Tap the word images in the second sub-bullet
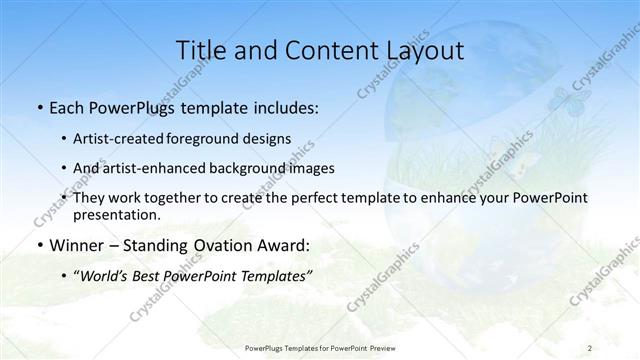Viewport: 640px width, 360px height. pyautogui.click(x=313, y=169)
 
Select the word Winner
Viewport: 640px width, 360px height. pyautogui.click(x=74, y=245)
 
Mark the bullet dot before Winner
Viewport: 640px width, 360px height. pyautogui.click(x=39, y=245)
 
